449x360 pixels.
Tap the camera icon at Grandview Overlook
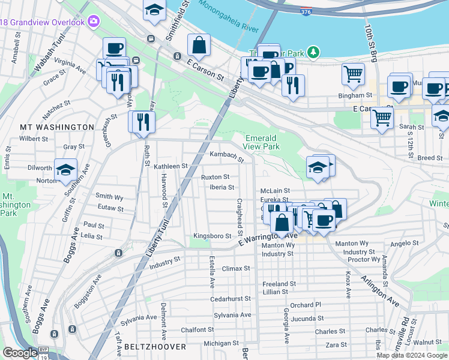click(94, 22)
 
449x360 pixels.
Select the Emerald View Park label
click(262, 142)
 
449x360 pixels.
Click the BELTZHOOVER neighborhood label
click(149, 347)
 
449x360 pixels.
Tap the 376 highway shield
click(306, 11)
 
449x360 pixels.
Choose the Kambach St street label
click(226, 156)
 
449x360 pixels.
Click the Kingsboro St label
click(212, 236)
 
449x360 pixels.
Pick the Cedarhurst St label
click(230, 299)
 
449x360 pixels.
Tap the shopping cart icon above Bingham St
click(353, 74)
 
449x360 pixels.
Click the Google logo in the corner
click(20, 353)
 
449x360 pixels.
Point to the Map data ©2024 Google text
click(412, 355)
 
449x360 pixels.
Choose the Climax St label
click(235, 269)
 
